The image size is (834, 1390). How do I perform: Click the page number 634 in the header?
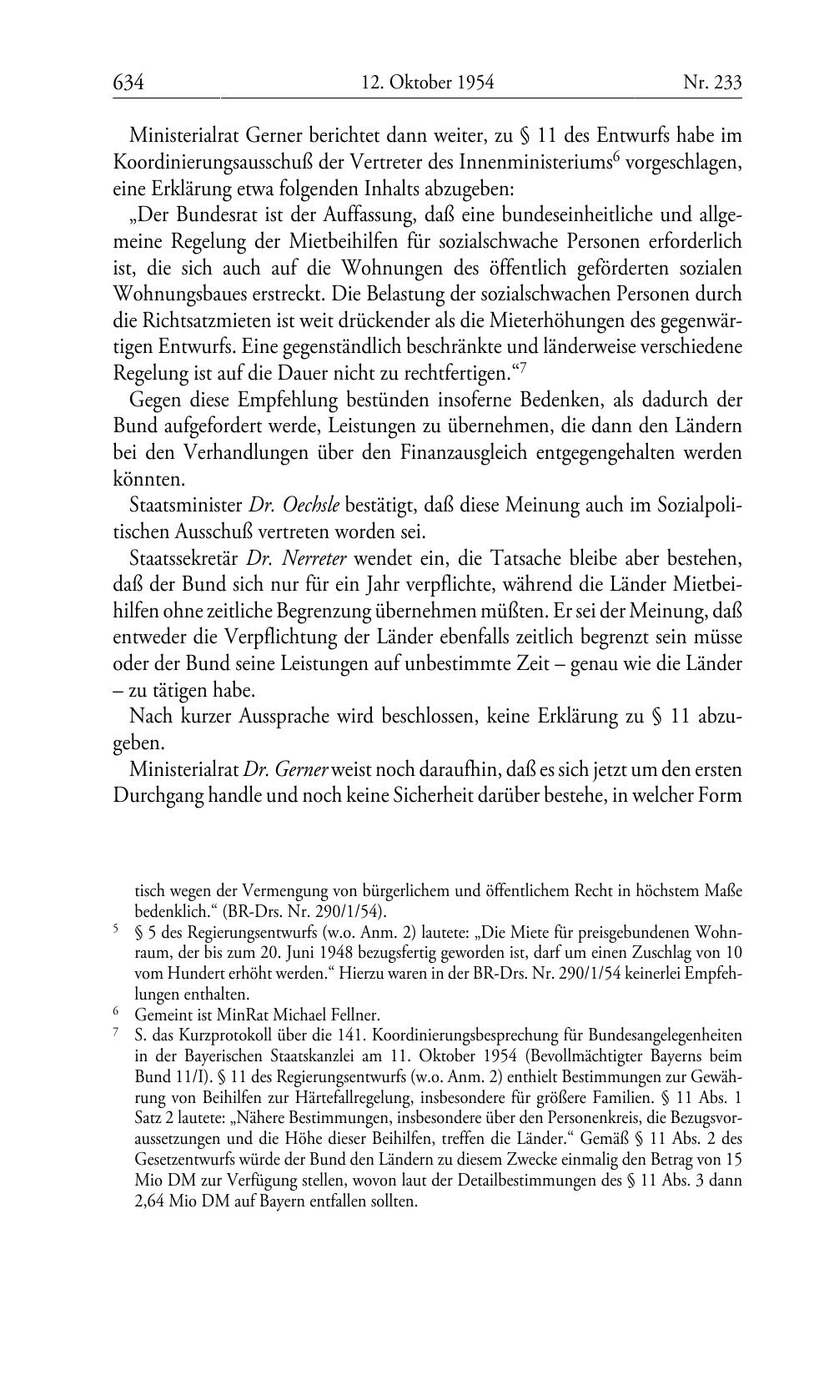coord(128,82)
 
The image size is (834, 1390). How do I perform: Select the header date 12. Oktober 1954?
coord(427,82)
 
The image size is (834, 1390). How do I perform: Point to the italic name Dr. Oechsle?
coord(294,506)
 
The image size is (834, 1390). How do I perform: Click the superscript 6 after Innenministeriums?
coord(615,158)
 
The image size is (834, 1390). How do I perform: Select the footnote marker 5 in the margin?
coord(117,929)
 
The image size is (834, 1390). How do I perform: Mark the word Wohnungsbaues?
coord(181,294)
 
